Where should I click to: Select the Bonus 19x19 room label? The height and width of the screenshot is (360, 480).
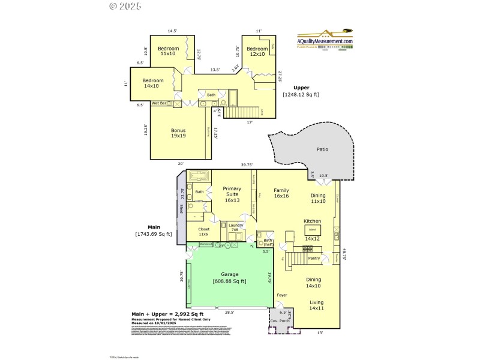178,133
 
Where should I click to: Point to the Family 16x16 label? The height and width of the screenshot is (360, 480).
281,193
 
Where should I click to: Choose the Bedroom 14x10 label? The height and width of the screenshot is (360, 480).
152,83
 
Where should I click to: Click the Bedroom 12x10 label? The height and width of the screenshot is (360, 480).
257,52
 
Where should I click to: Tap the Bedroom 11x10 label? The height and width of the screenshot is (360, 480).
169,51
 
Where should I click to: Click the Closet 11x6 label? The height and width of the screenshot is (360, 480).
200,231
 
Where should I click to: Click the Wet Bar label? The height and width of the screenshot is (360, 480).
158,103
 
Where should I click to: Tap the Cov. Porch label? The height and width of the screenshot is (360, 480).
280,321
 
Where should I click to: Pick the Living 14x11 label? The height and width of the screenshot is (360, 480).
317,305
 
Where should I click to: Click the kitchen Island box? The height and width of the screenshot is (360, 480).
312,230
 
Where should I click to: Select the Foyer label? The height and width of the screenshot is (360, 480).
281,295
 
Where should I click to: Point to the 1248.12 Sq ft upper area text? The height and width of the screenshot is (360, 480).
301,94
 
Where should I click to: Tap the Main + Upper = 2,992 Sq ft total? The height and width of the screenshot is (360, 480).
167,314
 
